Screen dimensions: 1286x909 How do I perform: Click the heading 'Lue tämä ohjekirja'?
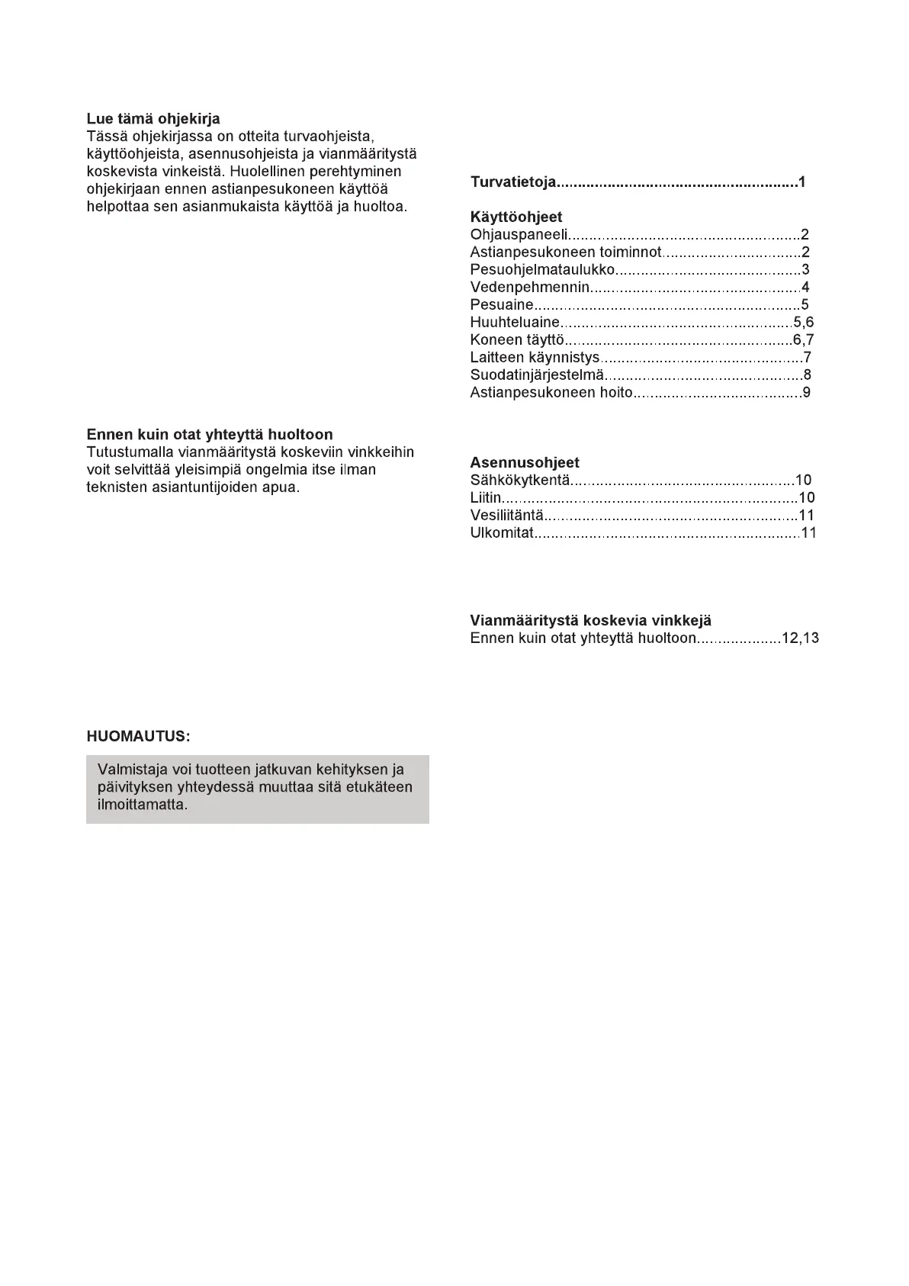click(x=153, y=119)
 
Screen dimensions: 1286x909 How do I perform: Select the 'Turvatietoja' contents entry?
click(x=514, y=182)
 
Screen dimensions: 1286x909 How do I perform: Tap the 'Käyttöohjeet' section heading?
click(x=516, y=217)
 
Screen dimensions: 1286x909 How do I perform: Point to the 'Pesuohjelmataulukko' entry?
click(x=542, y=270)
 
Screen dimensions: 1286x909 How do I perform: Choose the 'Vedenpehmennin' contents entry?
click(x=530, y=288)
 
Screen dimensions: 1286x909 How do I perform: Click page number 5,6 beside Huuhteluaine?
click(x=803, y=323)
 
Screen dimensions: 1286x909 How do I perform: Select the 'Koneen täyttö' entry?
click(x=517, y=340)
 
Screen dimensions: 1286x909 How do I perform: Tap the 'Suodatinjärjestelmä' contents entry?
click(x=537, y=375)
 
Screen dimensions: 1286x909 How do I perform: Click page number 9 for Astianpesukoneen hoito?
click(x=806, y=393)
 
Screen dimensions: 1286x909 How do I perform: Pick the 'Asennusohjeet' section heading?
click(x=525, y=463)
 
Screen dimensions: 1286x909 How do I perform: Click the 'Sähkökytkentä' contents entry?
click(x=520, y=481)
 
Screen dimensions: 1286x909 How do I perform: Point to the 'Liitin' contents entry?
click(x=486, y=498)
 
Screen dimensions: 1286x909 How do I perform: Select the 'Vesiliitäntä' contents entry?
click(x=507, y=516)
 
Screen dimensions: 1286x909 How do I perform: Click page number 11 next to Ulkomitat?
click(x=808, y=533)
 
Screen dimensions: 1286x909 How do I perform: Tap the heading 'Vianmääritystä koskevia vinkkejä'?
click(x=590, y=621)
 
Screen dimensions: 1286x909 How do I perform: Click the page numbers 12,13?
click(x=800, y=638)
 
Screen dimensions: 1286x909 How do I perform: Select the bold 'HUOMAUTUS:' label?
click(x=138, y=737)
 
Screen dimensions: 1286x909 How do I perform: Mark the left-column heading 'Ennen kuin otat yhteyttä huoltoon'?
click(x=210, y=435)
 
